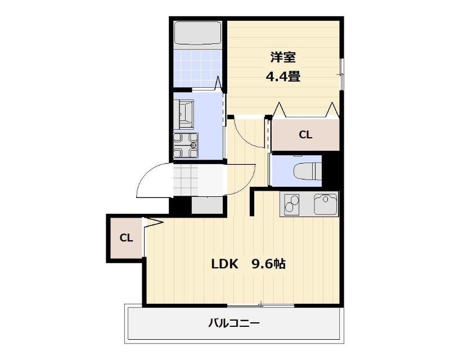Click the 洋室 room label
coord(283,57)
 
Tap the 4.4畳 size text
coord(283,76)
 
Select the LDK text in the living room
coord(224,264)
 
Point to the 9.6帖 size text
coord(269,264)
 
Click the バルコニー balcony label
coord(234,323)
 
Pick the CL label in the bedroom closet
coord(305,134)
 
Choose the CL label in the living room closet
coord(126,238)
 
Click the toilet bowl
coord(307,171)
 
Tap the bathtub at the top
coord(197,33)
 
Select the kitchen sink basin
coord(326,204)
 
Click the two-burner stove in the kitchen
coord(291,204)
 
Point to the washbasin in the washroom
coord(186,114)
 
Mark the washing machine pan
coord(186,145)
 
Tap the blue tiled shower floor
coord(197,68)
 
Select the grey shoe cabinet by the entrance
coord(207,205)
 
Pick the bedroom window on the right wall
coord(341,75)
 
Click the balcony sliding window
coord(260,305)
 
